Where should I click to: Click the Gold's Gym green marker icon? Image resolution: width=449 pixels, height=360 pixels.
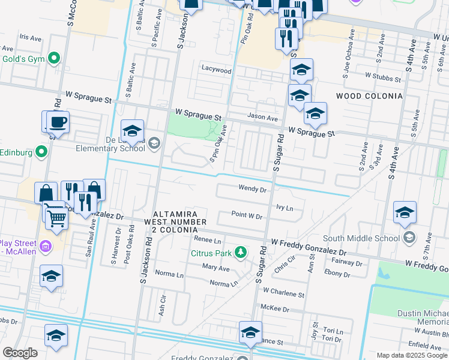(54, 59)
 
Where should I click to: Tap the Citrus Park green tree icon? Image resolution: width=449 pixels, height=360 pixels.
(241, 252)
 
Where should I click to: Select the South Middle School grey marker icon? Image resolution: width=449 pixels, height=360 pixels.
(409, 238)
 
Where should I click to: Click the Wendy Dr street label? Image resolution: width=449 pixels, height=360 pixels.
(252, 189)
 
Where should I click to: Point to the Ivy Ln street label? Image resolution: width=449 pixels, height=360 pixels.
(284, 208)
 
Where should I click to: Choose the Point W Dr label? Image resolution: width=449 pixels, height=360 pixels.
(247, 215)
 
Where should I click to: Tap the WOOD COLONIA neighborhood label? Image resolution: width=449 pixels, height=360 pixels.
(369, 96)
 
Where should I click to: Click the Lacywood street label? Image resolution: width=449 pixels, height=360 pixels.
(216, 70)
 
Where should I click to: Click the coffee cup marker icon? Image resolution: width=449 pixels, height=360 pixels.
(58, 122)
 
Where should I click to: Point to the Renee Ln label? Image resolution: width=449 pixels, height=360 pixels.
(208, 239)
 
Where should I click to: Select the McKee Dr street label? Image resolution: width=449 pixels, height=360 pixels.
(276, 308)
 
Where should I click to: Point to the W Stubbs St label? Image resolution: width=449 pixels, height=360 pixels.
(383, 77)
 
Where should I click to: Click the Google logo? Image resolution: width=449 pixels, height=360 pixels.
(20, 353)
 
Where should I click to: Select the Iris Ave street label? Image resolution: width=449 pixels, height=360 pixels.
(29, 37)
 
